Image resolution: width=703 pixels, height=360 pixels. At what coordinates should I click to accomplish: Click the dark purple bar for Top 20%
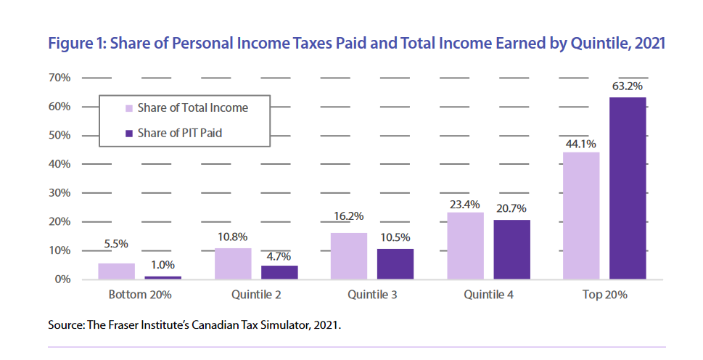pyautogui.click(x=628, y=188)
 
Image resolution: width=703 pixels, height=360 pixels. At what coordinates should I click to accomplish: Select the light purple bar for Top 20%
pyautogui.click(x=581, y=216)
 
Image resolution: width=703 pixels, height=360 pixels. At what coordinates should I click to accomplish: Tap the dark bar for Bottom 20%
pyautogui.click(x=163, y=277)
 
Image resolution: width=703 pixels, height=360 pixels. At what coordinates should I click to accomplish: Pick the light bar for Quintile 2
pyautogui.click(x=233, y=263)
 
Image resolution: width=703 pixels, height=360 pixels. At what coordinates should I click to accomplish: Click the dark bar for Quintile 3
pyautogui.click(x=395, y=264)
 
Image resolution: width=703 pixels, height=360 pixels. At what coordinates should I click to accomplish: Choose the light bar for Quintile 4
pyautogui.click(x=465, y=245)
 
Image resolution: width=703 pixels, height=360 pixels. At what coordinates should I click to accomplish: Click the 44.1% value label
pyautogui.click(x=581, y=142)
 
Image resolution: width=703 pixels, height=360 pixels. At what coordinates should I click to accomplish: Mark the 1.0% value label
pyautogui.click(x=163, y=266)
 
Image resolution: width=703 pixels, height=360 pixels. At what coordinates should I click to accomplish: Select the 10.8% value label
pyautogui.click(x=233, y=238)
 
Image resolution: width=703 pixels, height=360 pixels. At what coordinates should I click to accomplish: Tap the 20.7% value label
pyautogui.click(x=511, y=210)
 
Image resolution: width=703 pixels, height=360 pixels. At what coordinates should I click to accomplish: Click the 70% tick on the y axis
pyautogui.click(x=59, y=78)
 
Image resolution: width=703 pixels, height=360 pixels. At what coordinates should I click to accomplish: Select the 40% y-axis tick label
pyautogui.click(x=59, y=164)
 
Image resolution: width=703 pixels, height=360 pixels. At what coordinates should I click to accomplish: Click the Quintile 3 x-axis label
pyautogui.click(x=372, y=295)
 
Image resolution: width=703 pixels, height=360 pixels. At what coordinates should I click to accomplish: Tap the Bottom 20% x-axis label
pyautogui.click(x=140, y=295)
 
